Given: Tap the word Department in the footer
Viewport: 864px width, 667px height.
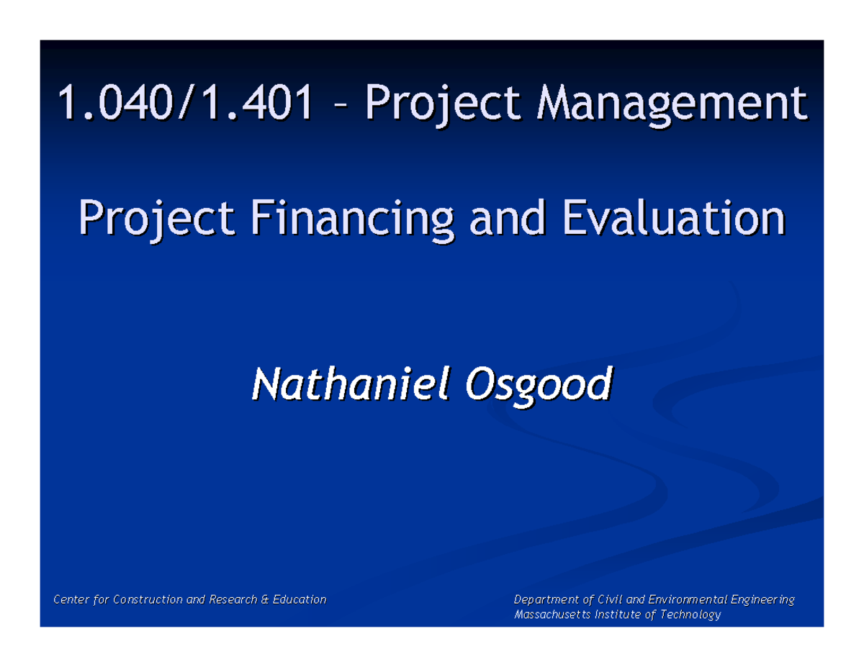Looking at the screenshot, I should [546, 599].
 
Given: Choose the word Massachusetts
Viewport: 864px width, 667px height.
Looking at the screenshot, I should [549, 615].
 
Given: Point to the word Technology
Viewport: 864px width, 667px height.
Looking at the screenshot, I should [690, 615].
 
